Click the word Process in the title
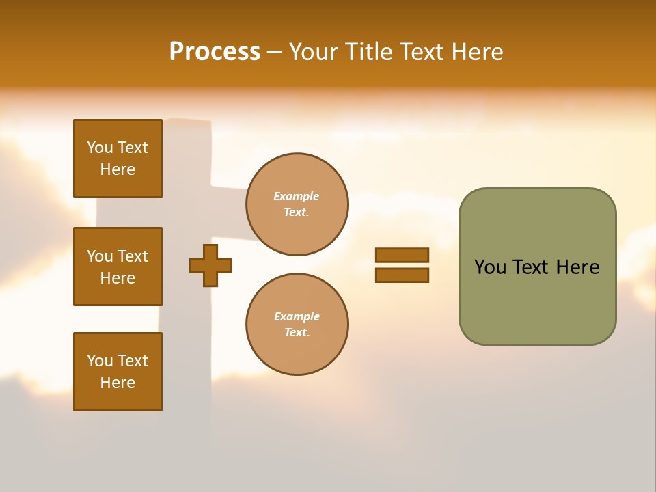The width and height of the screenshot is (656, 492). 215,52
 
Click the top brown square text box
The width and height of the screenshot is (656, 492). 118,159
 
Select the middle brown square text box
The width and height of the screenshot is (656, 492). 118,266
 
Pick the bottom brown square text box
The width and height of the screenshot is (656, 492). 118,372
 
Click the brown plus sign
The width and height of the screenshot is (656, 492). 210,265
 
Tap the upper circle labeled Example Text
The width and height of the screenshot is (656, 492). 297,204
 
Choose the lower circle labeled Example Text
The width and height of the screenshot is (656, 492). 297,325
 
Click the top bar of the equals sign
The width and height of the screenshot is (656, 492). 402,255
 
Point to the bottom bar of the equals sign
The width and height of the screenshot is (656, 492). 402,275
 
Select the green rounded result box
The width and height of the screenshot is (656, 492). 537,266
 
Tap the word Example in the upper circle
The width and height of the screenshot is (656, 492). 296,196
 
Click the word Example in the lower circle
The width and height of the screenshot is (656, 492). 297,316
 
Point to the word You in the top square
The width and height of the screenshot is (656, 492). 99,148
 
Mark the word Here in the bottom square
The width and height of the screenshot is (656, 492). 118,383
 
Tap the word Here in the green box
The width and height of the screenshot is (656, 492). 577,267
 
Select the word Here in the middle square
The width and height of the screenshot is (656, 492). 118,278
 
